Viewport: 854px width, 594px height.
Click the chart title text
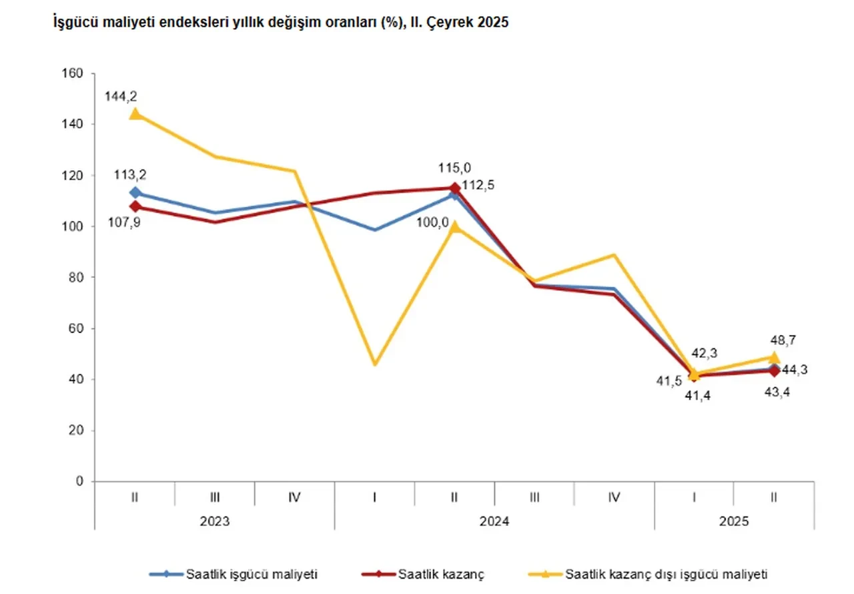(x=281, y=23)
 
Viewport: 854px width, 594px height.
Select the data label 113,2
(x=131, y=175)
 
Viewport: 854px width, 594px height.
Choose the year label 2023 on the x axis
(x=215, y=521)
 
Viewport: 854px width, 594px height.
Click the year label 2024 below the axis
(x=494, y=521)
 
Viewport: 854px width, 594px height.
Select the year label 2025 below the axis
(x=734, y=521)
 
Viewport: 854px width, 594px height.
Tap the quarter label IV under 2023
(x=294, y=497)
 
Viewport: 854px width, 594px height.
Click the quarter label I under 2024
(x=375, y=497)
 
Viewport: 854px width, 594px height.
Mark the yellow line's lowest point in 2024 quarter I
(x=375, y=364)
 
